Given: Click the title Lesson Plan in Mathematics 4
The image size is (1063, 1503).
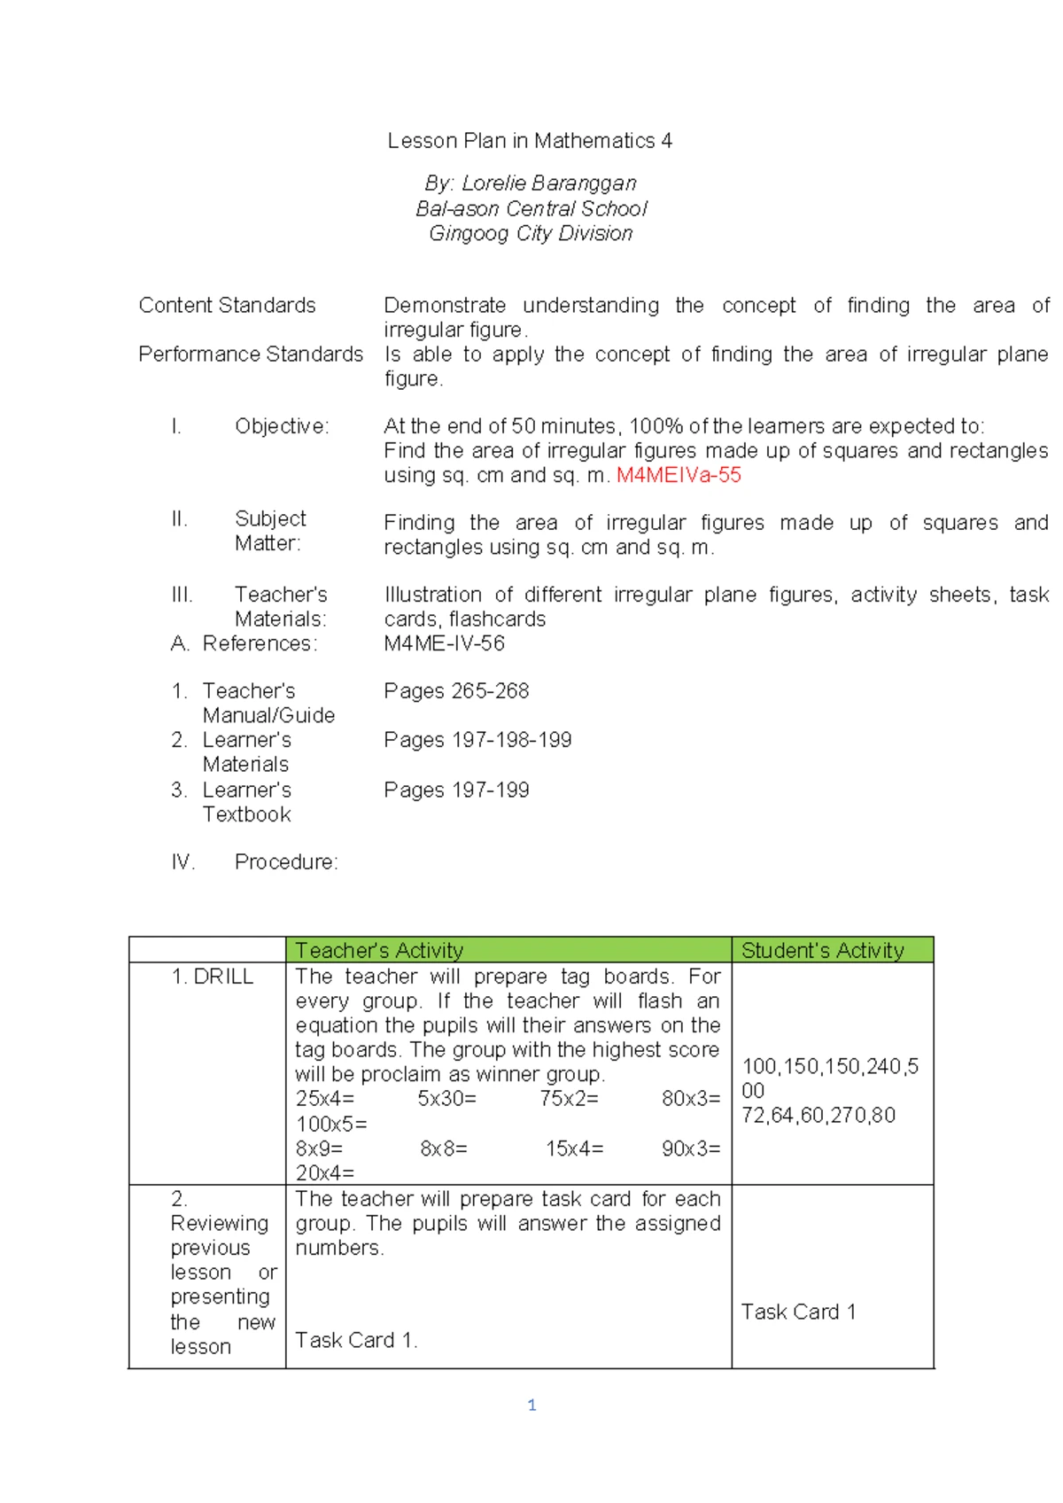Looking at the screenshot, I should (x=530, y=141).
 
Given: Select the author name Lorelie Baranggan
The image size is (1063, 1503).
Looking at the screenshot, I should (x=548, y=183).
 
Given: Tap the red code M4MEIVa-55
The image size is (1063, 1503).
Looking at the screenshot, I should (x=679, y=475).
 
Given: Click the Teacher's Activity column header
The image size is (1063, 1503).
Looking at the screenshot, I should (x=379, y=951).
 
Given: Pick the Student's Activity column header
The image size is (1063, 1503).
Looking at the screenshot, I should (x=822, y=951).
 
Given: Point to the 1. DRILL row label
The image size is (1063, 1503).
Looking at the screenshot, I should (x=213, y=977).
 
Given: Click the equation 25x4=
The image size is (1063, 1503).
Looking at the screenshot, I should (x=325, y=1099).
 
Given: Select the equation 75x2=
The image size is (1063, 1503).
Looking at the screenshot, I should (x=570, y=1099).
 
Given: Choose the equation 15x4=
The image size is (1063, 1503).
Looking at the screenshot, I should (x=575, y=1149).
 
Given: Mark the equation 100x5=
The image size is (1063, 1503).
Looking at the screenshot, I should (x=331, y=1124).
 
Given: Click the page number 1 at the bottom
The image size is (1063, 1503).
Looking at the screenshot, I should (x=531, y=1405).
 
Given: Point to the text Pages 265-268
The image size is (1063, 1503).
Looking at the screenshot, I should (x=456, y=691).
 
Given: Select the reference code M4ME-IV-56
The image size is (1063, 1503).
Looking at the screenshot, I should (x=444, y=643).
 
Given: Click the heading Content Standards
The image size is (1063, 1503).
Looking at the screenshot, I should (x=227, y=306).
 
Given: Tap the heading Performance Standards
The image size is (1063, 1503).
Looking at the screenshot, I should (x=251, y=354).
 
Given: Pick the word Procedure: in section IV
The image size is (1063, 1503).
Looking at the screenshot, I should (x=286, y=862).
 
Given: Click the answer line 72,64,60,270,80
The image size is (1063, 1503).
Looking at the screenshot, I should (x=819, y=1115).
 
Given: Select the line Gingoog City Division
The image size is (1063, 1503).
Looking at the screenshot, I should (x=531, y=234).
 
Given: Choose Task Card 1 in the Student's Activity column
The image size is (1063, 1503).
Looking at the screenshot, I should (x=798, y=1312).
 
